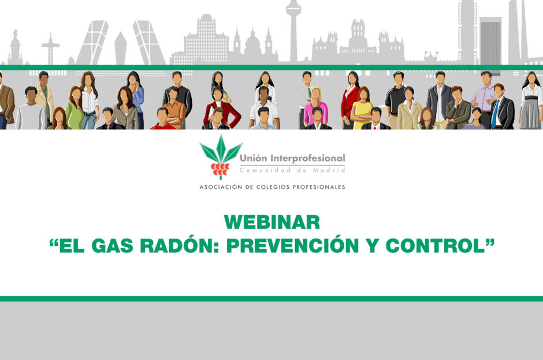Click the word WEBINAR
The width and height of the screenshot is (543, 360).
click(x=271, y=222)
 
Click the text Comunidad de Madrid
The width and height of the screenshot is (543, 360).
click(x=292, y=170)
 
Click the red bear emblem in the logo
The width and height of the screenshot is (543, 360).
click(x=220, y=168)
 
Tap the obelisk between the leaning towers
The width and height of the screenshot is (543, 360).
click(x=120, y=49)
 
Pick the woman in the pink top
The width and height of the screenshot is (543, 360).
click(x=315, y=110)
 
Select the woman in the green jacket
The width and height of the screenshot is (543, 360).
click(x=74, y=110)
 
